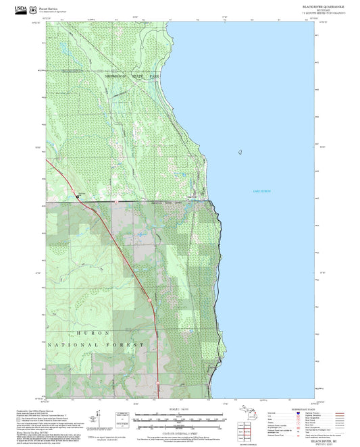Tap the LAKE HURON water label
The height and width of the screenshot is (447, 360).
pyautogui.click(x=261, y=192)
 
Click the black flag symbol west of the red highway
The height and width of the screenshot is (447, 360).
pyautogui.click(x=78, y=196)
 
